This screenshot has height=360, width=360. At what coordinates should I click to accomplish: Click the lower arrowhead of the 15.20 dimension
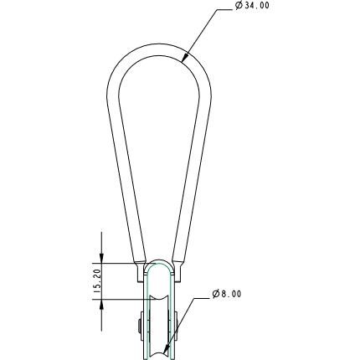point(102,304)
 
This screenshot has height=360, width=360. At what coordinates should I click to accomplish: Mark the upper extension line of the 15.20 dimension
point(117,262)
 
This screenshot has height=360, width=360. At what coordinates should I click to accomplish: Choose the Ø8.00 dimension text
point(231,294)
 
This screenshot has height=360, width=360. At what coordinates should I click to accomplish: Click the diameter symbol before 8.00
point(215,294)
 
